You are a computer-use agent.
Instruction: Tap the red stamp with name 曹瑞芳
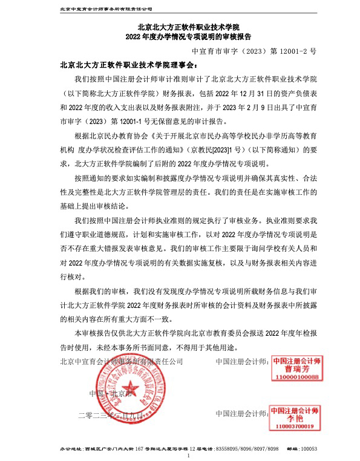[295, 368]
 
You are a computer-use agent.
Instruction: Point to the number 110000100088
[295, 377]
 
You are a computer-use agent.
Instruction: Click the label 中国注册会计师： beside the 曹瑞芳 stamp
[242, 362]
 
